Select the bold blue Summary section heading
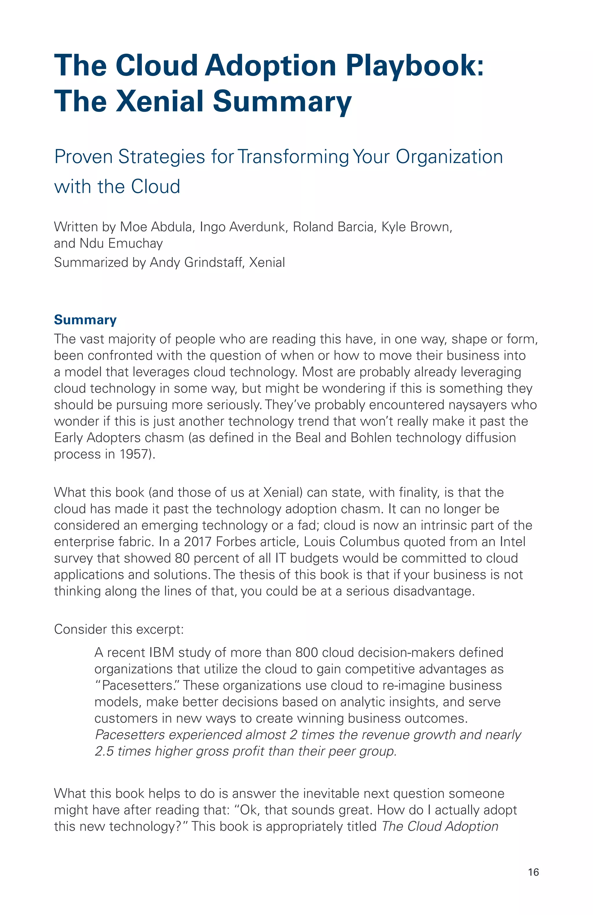click(x=85, y=320)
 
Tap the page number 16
click(x=533, y=872)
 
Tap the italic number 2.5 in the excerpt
click(x=104, y=751)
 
